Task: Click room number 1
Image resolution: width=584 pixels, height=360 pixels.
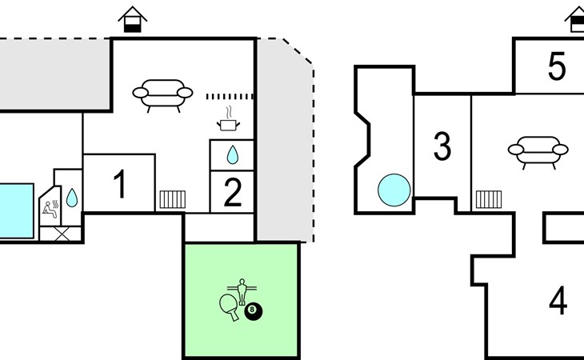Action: (120, 186)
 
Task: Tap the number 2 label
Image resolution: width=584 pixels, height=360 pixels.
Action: (232, 194)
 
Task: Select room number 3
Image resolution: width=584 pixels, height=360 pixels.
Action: (442, 146)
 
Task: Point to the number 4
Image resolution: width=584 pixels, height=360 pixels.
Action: (558, 301)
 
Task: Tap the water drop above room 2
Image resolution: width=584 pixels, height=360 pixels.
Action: (232, 154)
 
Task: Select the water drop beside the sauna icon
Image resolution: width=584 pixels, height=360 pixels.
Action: (72, 197)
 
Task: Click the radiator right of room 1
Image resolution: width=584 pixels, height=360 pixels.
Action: (172, 199)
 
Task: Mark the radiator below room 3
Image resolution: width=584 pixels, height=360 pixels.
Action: (488, 199)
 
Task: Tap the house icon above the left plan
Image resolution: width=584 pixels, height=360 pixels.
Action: (134, 19)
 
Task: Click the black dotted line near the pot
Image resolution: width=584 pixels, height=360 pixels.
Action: (230, 96)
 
